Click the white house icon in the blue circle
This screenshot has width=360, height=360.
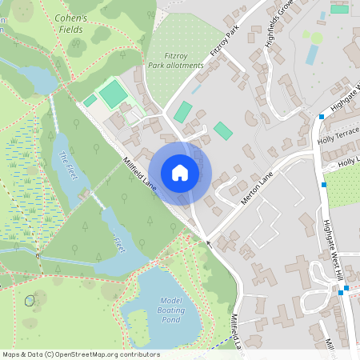(180, 172)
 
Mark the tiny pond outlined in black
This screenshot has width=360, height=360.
(30, 301)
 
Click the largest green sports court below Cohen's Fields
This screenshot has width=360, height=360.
(114, 94)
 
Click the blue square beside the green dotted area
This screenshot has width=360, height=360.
(324, 185)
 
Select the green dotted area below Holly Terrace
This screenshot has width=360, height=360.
(344, 186)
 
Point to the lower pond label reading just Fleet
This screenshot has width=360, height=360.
(119, 241)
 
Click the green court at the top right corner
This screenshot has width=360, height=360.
(340, 9)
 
